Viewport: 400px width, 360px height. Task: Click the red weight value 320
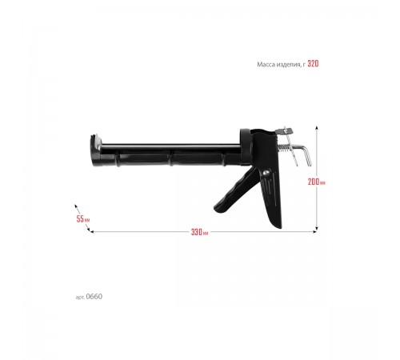pos(313,64)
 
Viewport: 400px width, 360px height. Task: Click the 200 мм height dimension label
pos(317,182)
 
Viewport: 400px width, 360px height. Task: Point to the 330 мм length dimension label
pos(199,232)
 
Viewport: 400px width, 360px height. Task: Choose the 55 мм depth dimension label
pos(83,219)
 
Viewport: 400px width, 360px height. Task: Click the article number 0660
pos(94,297)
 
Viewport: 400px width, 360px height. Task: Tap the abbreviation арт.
pos(80,297)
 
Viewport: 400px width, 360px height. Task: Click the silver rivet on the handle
pos(266,173)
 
